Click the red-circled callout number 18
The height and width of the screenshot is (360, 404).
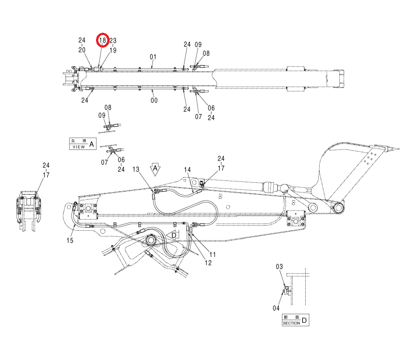pos(102,40)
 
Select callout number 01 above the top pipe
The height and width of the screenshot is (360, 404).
pos(153,57)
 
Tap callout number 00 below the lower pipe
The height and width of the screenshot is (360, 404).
pos(154,100)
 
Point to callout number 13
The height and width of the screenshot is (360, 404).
pos(136,169)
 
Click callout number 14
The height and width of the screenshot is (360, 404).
pos(187,170)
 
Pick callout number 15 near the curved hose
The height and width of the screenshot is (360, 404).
pos(70,241)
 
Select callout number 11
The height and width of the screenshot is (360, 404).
pos(212,255)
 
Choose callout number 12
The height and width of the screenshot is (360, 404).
pos(208,263)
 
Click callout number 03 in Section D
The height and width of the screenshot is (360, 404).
pos(279,267)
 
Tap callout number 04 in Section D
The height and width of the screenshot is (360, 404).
pos(276,308)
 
